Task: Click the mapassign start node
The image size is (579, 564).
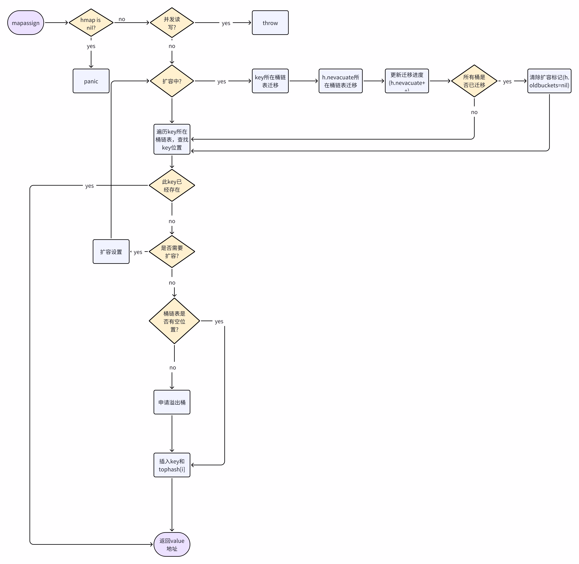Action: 26,23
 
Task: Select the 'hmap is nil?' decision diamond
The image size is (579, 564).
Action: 91,23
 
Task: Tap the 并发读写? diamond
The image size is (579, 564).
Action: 172,23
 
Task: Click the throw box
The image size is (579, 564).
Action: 270,23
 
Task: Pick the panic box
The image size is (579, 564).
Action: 91,81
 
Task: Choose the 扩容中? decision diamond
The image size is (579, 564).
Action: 172,81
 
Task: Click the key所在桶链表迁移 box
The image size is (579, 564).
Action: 270,81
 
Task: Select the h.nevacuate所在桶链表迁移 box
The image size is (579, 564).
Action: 341,81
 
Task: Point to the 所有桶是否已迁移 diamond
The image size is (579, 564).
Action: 474,81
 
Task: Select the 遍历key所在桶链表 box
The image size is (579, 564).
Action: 172,139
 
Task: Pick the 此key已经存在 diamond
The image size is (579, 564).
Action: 172,185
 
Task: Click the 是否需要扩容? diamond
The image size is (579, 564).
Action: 172,252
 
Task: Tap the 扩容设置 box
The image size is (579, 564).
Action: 111,252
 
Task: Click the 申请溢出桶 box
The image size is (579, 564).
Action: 172,402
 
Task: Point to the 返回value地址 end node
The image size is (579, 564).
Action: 172,544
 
